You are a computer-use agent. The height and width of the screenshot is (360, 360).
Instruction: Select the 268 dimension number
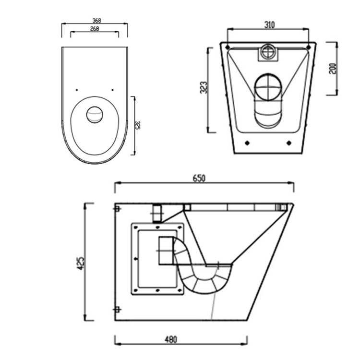(x=94, y=29)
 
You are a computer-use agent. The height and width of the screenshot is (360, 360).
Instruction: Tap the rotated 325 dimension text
(x=138, y=126)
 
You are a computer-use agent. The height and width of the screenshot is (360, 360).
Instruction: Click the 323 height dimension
(x=204, y=89)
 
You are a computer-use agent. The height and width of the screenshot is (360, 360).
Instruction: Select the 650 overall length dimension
(x=199, y=178)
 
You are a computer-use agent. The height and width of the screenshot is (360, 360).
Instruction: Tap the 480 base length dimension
(x=170, y=340)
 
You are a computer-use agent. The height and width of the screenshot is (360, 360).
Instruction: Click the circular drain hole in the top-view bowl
(x=95, y=114)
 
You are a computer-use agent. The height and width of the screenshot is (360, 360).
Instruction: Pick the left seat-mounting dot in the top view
(x=77, y=90)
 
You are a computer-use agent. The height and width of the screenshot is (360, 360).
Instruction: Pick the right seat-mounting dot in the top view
(x=112, y=90)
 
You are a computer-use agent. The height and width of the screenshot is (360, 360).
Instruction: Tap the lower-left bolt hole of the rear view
(x=247, y=143)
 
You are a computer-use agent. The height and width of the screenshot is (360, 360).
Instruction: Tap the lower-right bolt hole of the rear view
(x=288, y=143)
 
